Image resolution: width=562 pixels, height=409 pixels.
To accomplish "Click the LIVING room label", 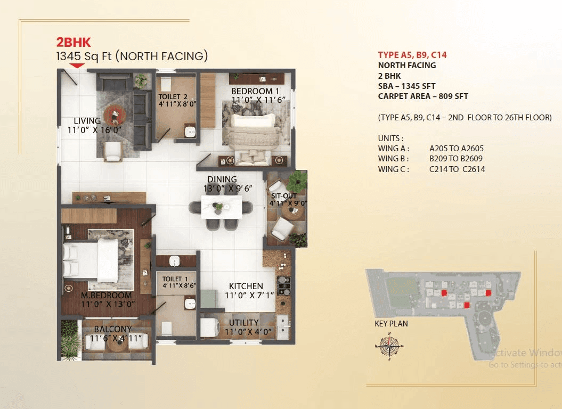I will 87,121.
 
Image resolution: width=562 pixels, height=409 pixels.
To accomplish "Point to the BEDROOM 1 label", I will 255,91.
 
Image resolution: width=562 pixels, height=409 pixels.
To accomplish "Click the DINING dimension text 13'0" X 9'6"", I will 227,189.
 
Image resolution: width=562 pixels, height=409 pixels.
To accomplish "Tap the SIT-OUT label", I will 283,196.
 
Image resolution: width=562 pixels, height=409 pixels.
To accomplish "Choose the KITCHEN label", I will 246,286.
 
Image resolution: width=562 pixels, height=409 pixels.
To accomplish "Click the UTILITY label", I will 244,323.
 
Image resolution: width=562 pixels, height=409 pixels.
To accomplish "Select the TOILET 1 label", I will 176,279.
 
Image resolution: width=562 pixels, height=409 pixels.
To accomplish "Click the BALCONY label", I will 113,329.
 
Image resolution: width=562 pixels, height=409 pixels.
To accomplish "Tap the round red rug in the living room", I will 114,113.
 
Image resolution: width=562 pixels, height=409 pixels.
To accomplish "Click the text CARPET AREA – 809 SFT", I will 423,96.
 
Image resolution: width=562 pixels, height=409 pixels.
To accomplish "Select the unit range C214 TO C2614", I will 457,169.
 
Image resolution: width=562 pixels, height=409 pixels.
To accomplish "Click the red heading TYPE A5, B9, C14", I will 412,55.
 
